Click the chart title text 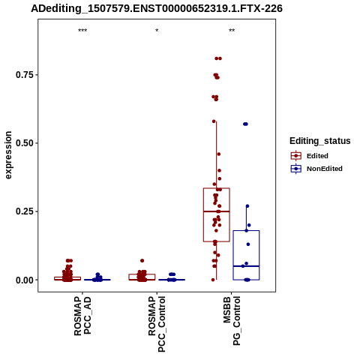(157, 9)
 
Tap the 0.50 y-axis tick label (25, 143)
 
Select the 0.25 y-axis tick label (25, 211)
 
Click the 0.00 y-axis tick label (25, 280)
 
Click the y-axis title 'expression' (8, 155)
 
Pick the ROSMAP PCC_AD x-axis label (82, 316)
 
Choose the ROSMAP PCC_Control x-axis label (157, 324)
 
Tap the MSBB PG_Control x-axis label (232, 321)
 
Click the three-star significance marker (82, 31)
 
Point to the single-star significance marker (157, 31)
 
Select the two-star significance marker (232, 31)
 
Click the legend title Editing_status (320, 141)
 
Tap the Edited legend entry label (317, 156)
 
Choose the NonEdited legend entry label (325, 169)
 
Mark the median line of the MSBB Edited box (217, 211)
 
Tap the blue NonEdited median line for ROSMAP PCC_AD (97, 280)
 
